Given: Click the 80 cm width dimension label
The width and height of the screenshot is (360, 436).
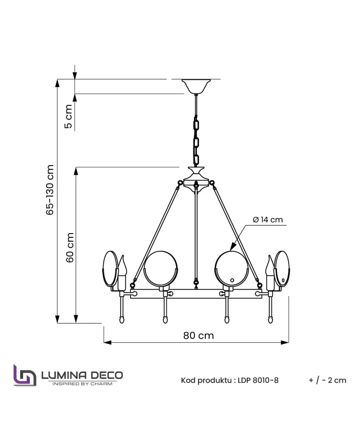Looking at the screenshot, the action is point(198,336).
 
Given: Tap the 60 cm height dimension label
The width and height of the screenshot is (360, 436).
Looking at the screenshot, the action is point(70,247).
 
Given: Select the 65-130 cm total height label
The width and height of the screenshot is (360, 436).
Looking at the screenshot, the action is point(50,189).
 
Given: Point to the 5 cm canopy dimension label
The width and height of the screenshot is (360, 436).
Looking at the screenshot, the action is point(68,116).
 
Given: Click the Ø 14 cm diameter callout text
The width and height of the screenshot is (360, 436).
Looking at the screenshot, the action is point(268,220).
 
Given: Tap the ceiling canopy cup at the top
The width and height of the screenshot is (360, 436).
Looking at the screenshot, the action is point(196,86).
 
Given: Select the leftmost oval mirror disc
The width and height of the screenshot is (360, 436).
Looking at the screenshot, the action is point(111,269).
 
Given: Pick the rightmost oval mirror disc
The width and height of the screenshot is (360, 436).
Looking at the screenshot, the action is point(282,269).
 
